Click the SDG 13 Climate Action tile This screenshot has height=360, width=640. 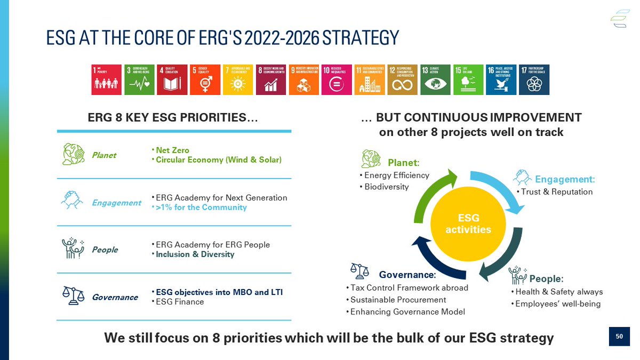[x=435, y=80]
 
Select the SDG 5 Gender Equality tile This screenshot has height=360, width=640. [x=205, y=80]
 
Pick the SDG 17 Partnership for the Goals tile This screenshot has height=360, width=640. [x=534, y=80]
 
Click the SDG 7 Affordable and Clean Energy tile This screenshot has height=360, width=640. [x=238, y=80]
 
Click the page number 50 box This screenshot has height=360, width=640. [x=619, y=337]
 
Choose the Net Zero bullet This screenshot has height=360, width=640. [x=172, y=150]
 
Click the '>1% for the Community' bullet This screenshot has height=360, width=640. [x=201, y=207]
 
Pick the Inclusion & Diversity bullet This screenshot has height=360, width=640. [x=195, y=254]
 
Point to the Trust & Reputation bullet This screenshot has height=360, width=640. [x=556, y=191]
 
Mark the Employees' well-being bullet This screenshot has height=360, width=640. [x=557, y=304]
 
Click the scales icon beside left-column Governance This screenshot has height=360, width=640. [x=73, y=295]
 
